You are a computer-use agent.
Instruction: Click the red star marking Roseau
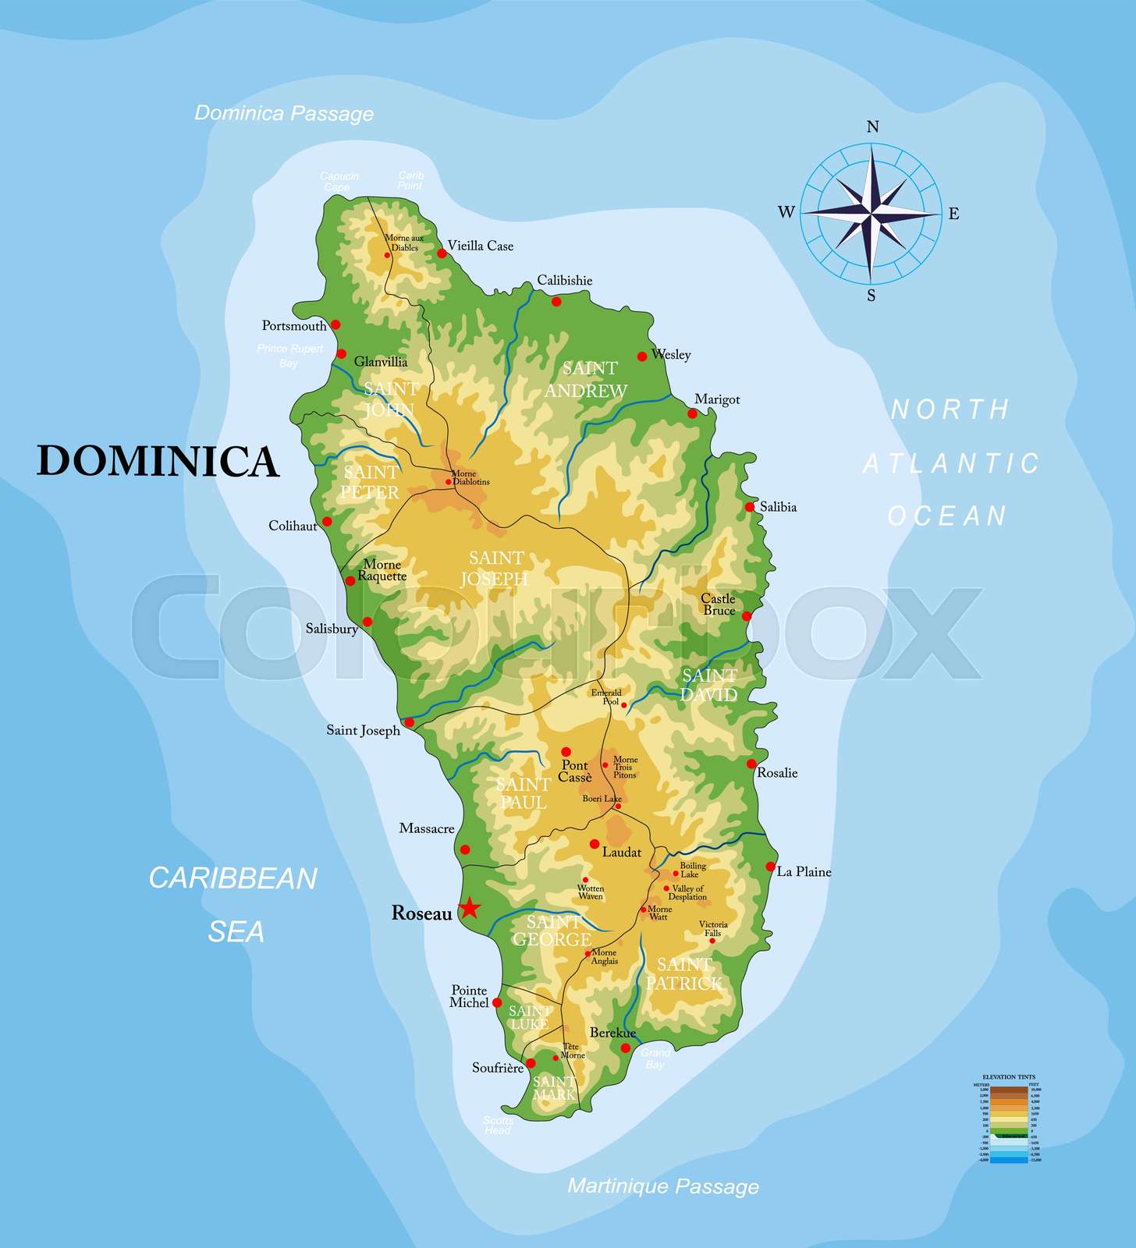[469, 908]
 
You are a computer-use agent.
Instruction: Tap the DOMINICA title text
[158, 461]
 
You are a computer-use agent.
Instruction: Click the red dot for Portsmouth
[335, 324]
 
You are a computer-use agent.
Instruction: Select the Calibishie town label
[564, 281]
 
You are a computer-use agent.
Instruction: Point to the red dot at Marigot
[692, 413]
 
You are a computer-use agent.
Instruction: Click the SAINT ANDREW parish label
[587, 379]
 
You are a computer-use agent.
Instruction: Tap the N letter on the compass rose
[873, 127]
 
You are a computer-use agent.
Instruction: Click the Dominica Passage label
[284, 113]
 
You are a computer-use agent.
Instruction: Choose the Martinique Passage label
[662, 1186]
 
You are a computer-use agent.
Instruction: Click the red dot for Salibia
[750, 507]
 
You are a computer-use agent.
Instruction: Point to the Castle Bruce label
[718, 604]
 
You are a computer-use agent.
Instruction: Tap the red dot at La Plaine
[771, 867]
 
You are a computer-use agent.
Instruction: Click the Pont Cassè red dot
[566, 752]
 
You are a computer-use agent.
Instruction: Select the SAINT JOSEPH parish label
[495, 568]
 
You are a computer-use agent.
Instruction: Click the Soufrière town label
[497, 1068]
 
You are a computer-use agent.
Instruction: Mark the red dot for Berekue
[625, 1048]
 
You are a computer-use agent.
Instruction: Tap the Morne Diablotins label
[469, 477]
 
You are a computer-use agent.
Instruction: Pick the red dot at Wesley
[642, 356]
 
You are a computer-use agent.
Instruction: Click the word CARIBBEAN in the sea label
[233, 878]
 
